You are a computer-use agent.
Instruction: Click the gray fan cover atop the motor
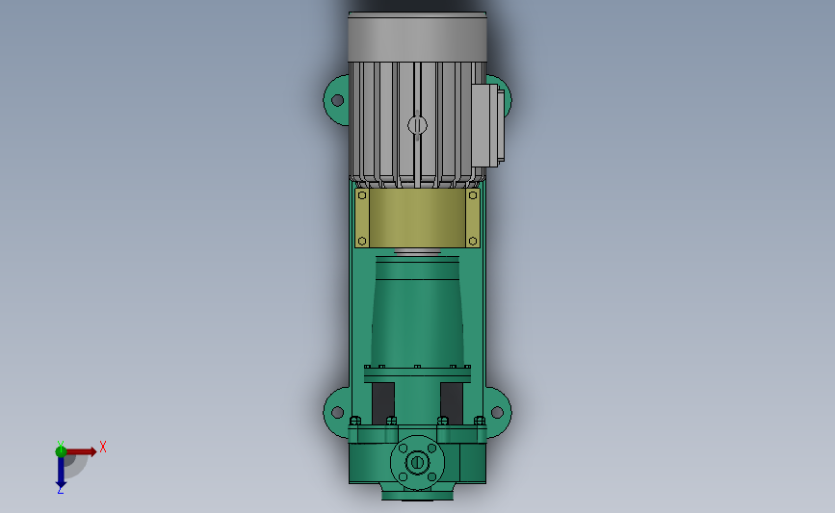[417, 37]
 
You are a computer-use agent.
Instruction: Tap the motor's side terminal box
[487, 125]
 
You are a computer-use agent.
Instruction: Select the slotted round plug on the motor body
[418, 125]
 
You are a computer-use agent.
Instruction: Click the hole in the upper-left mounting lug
[337, 100]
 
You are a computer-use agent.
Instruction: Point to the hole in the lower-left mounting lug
[337, 412]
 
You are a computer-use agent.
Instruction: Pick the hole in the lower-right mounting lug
[497, 412]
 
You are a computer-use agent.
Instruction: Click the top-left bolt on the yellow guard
[362, 195]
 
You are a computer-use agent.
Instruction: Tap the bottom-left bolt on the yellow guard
[362, 241]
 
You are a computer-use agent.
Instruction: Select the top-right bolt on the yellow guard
[472, 195]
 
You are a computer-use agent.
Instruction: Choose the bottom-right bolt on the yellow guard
[472, 241]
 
